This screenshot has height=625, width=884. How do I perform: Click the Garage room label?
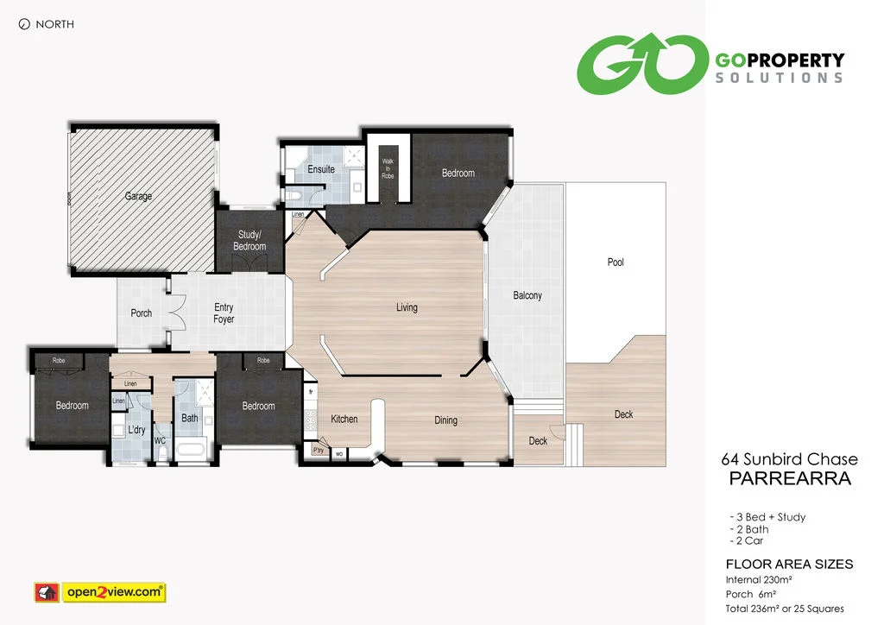(138, 196)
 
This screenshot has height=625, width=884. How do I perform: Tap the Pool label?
(616, 262)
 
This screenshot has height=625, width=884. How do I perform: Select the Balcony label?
(527, 295)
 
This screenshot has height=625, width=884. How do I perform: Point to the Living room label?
(407, 307)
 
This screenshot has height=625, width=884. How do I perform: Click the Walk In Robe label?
(388, 168)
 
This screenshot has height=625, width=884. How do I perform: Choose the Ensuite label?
(321, 169)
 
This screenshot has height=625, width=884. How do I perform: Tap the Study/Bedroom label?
(249, 241)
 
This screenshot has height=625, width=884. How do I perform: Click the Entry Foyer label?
(224, 313)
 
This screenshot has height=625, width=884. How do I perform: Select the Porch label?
(141, 313)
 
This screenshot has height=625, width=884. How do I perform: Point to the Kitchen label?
(344, 420)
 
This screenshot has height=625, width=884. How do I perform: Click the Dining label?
(445, 420)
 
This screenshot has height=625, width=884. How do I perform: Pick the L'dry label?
(136, 429)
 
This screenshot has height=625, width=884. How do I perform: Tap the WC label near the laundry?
(160, 440)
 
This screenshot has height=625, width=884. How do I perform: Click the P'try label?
(319, 450)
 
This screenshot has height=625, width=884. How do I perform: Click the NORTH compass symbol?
(23, 24)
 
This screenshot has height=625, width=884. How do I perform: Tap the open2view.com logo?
(99, 592)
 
